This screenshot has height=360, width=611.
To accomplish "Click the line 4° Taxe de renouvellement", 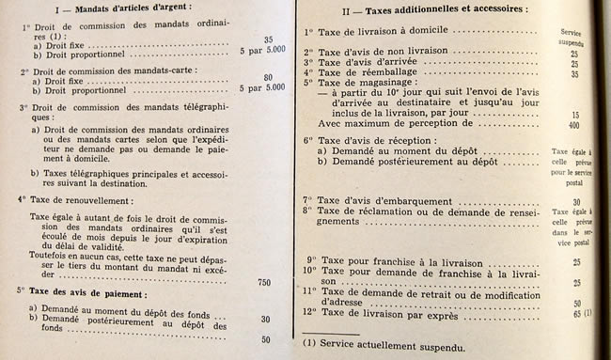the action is [76, 199].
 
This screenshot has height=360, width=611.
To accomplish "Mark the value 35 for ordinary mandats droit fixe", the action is [268, 39].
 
